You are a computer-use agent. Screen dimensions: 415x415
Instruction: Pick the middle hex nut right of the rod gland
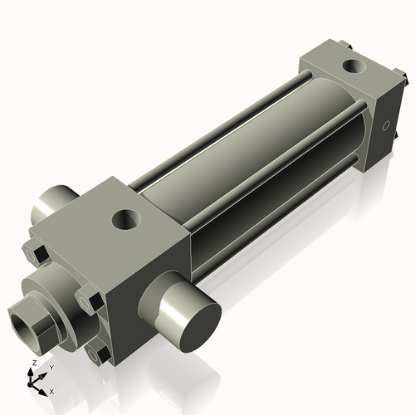[x=89, y=298]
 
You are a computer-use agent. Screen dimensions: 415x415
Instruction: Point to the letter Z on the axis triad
[x=33, y=364]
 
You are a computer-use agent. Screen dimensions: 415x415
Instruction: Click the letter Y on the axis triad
[x=51, y=367]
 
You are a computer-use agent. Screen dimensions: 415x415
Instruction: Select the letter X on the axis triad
[x=51, y=390]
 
